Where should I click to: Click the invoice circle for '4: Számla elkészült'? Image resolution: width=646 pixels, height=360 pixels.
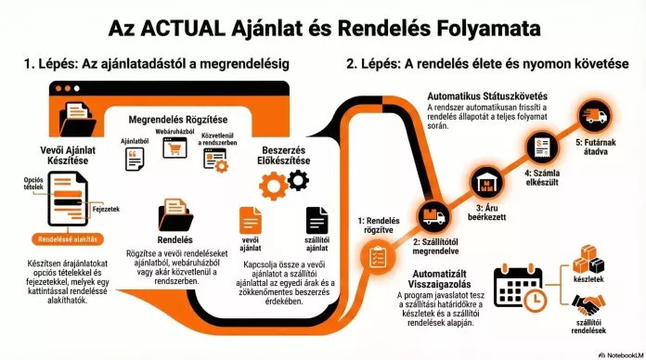pyautogui.click(x=540, y=147)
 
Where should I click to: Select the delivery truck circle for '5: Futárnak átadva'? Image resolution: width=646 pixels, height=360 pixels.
pyautogui.click(x=594, y=115)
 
